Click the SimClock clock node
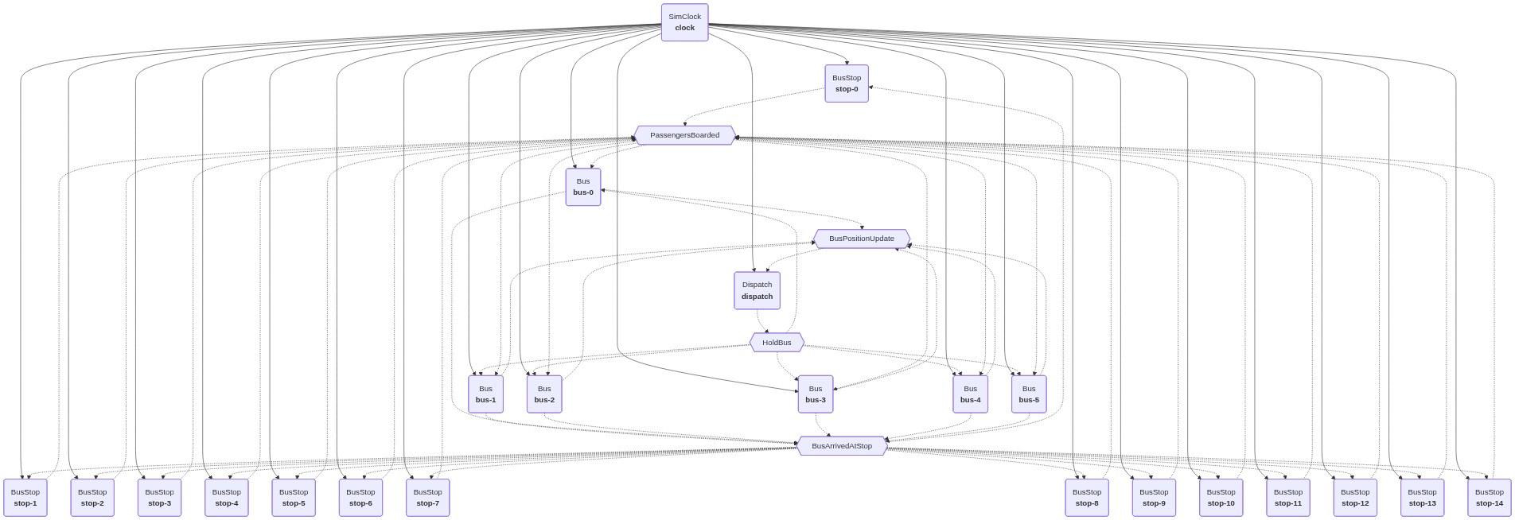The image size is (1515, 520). pos(684,22)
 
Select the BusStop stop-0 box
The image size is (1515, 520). pos(846,83)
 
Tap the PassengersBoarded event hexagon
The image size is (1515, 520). pos(684,135)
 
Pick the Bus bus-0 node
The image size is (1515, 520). pos(582,187)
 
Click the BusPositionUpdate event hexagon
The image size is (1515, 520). pos(861,239)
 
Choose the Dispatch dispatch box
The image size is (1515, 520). pos(757,290)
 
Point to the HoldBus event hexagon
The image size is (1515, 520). pos(777,343)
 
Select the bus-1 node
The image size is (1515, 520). pos(485,394)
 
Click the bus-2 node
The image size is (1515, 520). pos(544,394)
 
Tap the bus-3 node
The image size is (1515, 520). pos(816,394)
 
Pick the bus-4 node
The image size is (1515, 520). pos(970,394)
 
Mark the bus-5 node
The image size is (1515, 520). pos(1029,394)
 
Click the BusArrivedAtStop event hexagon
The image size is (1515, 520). pos(841,446)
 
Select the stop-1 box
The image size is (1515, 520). pos(25,498)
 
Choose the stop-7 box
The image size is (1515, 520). pos(427,498)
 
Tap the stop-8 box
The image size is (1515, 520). pos(1086,498)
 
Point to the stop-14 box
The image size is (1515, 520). pos(1489,498)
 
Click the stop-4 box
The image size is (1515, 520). pos(226,498)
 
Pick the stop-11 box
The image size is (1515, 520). pos(1287,498)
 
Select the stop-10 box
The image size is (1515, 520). pos(1221,498)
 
